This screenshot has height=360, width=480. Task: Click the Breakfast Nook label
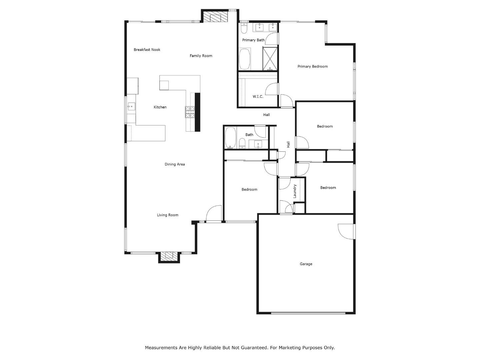(x=147, y=50)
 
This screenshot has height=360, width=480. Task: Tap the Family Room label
(x=201, y=56)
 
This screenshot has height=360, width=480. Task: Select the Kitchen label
(x=160, y=107)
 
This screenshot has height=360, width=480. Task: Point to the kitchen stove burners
(x=190, y=112)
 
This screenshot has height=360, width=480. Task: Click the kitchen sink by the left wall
(x=131, y=107)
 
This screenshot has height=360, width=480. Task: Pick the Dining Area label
(x=175, y=164)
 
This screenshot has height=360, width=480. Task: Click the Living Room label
(x=168, y=215)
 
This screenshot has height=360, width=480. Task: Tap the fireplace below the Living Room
(x=169, y=256)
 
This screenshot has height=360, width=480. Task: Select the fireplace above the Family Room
(x=215, y=17)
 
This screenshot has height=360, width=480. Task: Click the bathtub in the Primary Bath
(x=245, y=59)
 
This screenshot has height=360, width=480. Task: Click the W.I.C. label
(x=258, y=97)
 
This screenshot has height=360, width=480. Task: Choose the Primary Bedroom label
(x=313, y=66)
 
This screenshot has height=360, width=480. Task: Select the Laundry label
(x=295, y=191)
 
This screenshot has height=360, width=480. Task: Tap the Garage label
(x=306, y=264)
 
